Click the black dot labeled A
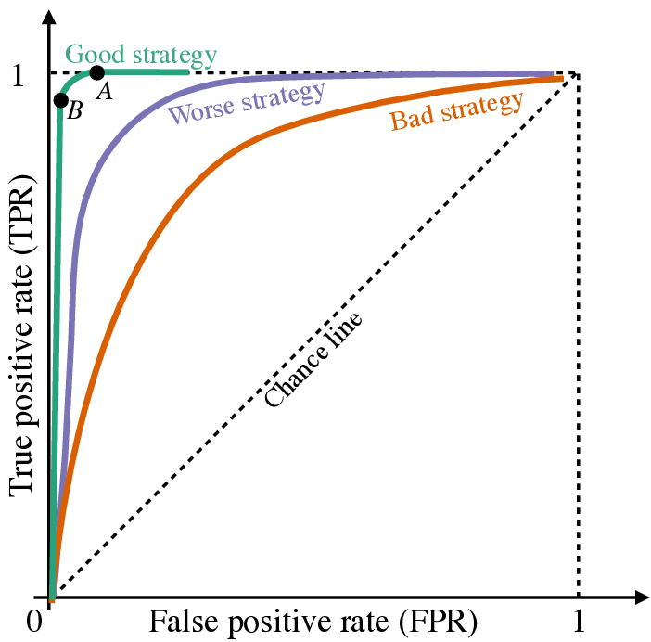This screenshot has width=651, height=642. point(96,72)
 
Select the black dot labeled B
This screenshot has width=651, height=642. point(61,100)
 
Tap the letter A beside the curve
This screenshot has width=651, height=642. point(105,91)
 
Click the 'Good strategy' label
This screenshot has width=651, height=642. point(141,54)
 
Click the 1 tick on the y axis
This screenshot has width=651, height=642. point(18,75)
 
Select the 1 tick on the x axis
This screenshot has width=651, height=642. point(579,620)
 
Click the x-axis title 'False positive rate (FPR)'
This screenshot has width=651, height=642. point(313,620)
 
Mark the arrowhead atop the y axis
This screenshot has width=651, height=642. point(47,19)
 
